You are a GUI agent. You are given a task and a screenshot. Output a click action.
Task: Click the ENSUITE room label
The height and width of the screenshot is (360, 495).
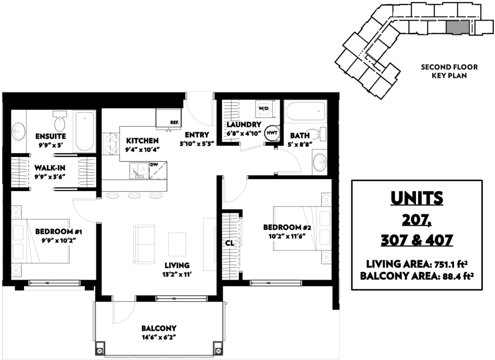(50, 136)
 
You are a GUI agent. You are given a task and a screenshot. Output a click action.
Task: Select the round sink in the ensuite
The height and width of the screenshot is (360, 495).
(18, 132)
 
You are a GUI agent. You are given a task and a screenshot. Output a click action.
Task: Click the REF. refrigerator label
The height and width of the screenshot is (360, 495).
(175, 122)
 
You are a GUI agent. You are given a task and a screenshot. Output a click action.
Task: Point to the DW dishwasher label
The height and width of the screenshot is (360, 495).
(154, 165)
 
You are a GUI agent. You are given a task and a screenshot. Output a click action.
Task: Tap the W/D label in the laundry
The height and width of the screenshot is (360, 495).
(264, 108)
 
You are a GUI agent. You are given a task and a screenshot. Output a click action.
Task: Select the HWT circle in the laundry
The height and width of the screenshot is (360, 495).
(272, 133)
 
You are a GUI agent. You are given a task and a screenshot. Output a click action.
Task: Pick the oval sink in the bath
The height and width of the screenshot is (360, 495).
(319, 162)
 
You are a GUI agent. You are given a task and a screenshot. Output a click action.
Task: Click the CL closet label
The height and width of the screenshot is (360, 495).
(229, 243)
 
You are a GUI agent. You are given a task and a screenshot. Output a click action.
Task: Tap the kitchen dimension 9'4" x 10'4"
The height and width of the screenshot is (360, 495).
(142, 150)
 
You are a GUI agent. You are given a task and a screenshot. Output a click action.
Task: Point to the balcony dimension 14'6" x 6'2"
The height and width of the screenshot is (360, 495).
(159, 337)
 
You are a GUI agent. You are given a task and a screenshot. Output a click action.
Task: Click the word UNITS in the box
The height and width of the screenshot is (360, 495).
(417, 198)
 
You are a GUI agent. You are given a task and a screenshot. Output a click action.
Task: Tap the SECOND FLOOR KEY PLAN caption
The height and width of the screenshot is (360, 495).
(449, 71)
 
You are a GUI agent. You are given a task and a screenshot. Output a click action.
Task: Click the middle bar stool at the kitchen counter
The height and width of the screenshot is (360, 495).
(134, 196)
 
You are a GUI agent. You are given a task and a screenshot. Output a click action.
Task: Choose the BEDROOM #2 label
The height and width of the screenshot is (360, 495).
(287, 227)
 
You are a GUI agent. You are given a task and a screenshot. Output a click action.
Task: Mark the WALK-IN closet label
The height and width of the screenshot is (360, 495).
(50, 168)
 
